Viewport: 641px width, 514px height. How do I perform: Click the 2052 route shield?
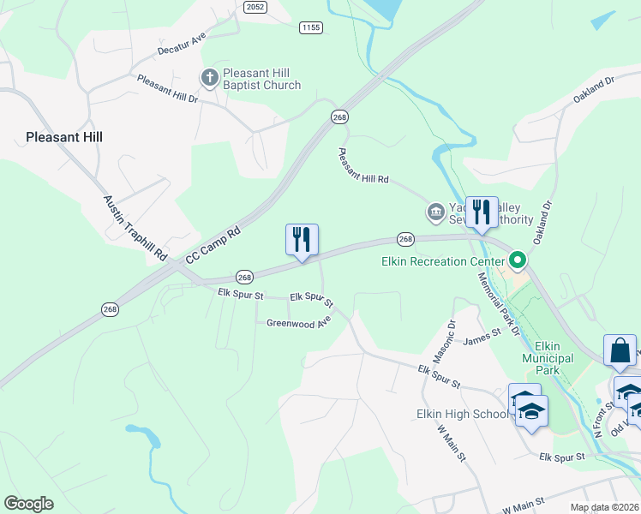tap(255, 7)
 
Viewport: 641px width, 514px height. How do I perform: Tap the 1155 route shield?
tap(310, 28)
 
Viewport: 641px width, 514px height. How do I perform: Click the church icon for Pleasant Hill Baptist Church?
tap(210, 79)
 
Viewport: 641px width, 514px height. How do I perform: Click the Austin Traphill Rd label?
tap(135, 228)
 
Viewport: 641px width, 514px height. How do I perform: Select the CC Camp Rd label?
tap(213, 245)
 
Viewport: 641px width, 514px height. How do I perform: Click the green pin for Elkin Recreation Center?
tap(517, 259)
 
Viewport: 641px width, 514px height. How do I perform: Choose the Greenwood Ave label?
tap(298, 323)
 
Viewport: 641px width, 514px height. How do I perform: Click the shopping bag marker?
tap(620, 351)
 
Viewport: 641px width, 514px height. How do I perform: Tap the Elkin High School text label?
tap(461, 414)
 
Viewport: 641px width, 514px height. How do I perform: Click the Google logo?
tap(28, 504)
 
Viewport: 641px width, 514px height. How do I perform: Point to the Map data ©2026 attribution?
tap(604, 507)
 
